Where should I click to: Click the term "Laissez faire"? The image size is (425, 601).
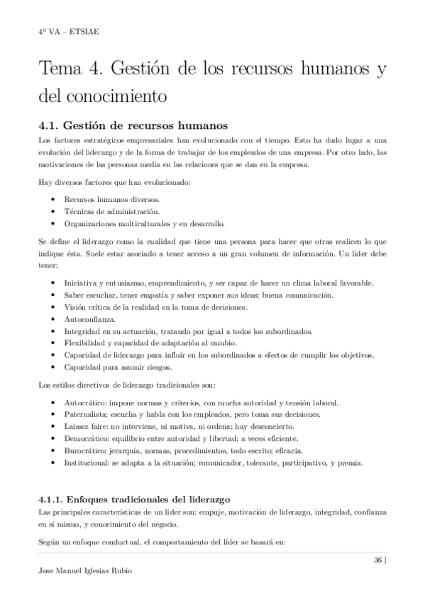(87, 426)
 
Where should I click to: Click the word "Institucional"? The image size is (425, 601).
(87, 463)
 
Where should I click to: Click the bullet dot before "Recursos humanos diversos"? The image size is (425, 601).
(55, 199)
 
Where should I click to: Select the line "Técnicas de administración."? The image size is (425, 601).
(111, 211)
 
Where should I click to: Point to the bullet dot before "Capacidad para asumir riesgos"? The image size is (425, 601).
(55, 367)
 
